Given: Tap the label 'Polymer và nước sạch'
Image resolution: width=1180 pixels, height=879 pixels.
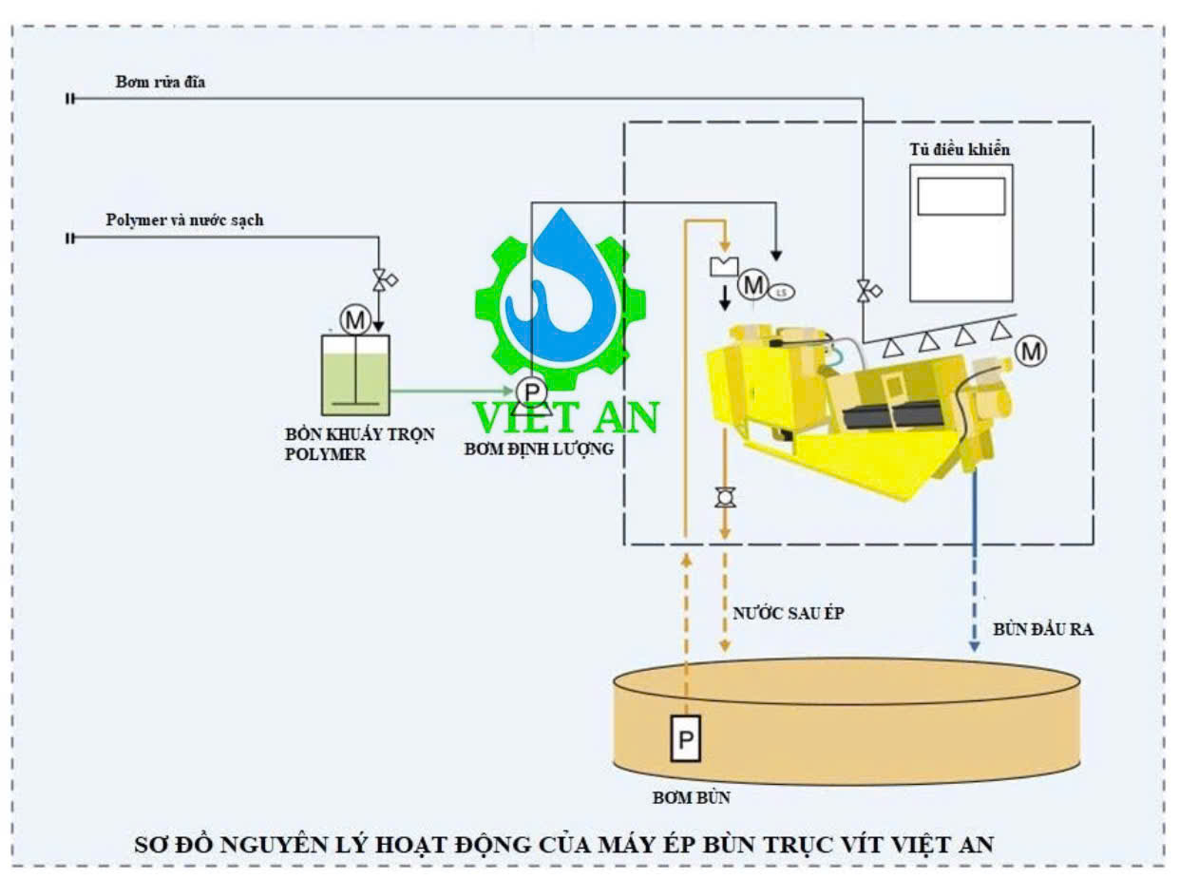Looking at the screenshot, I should [184, 220].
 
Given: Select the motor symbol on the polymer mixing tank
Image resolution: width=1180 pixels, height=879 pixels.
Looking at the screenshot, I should [355, 321].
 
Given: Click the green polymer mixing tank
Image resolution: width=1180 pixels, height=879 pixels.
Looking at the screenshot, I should [355, 374].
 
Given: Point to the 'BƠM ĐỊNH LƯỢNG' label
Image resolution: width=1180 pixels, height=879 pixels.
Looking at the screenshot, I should [538, 449].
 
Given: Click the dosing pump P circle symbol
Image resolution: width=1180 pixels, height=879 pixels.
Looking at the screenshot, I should [531, 391].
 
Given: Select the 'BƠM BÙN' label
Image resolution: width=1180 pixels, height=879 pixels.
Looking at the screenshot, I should [691, 798].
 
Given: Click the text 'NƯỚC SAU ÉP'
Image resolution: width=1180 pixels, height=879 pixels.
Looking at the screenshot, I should [788, 614].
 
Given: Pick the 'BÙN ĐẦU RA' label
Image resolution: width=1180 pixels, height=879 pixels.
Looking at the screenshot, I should [1042, 629].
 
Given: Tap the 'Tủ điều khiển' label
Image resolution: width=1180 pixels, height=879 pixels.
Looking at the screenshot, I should [960, 150].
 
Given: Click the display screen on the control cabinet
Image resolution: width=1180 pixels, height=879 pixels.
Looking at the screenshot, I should [961, 196].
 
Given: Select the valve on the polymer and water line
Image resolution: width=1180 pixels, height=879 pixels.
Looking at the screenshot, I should [382, 280].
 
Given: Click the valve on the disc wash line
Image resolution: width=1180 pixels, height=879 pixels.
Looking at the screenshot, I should [865, 291].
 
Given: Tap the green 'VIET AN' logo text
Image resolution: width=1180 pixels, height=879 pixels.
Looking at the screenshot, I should [567, 418].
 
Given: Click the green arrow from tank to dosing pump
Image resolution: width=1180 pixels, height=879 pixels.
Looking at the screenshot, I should [450, 390].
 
